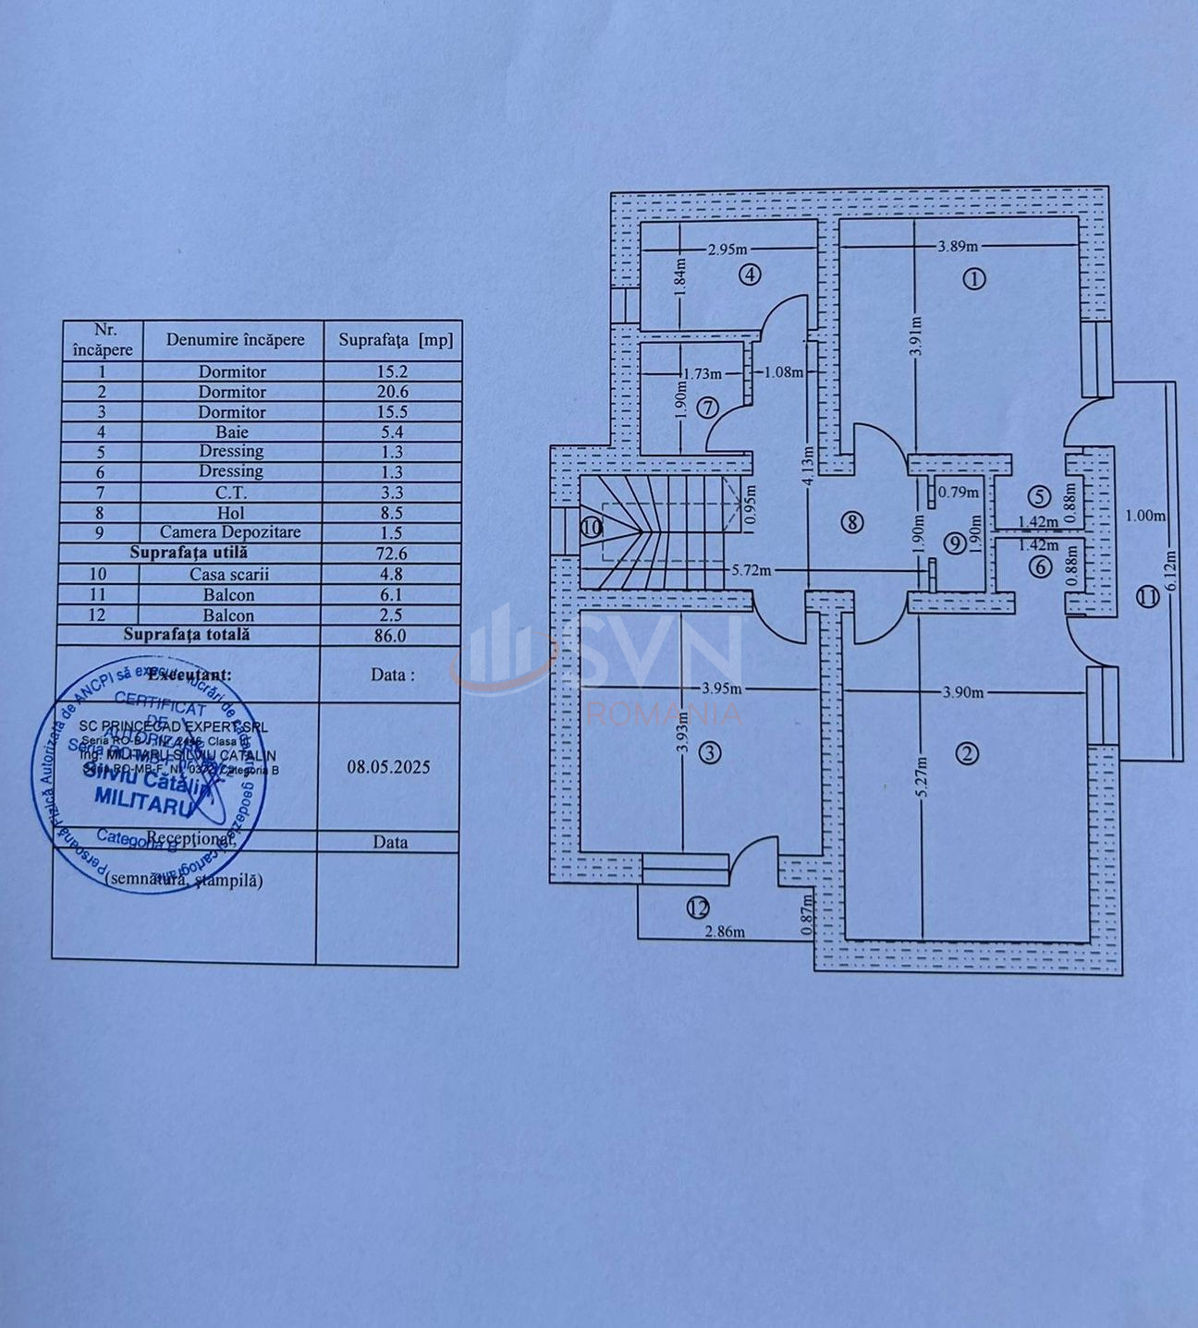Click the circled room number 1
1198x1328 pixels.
tap(974, 278)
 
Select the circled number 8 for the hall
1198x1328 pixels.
tap(851, 522)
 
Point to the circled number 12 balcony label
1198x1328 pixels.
tap(697, 908)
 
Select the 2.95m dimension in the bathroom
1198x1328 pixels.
tap(727, 250)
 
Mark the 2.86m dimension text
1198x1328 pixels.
tap(724, 932)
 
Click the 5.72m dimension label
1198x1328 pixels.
tap(751, 570)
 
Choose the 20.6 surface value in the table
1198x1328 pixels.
tap(393, 392)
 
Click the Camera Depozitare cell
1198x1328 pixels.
tap(230, 532)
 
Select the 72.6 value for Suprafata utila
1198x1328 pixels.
tap(393, 554)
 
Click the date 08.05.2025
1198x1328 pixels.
tap(388, 767)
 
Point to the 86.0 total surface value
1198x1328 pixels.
tap(393, 635)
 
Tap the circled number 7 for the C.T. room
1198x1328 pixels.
tap(707, 407)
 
